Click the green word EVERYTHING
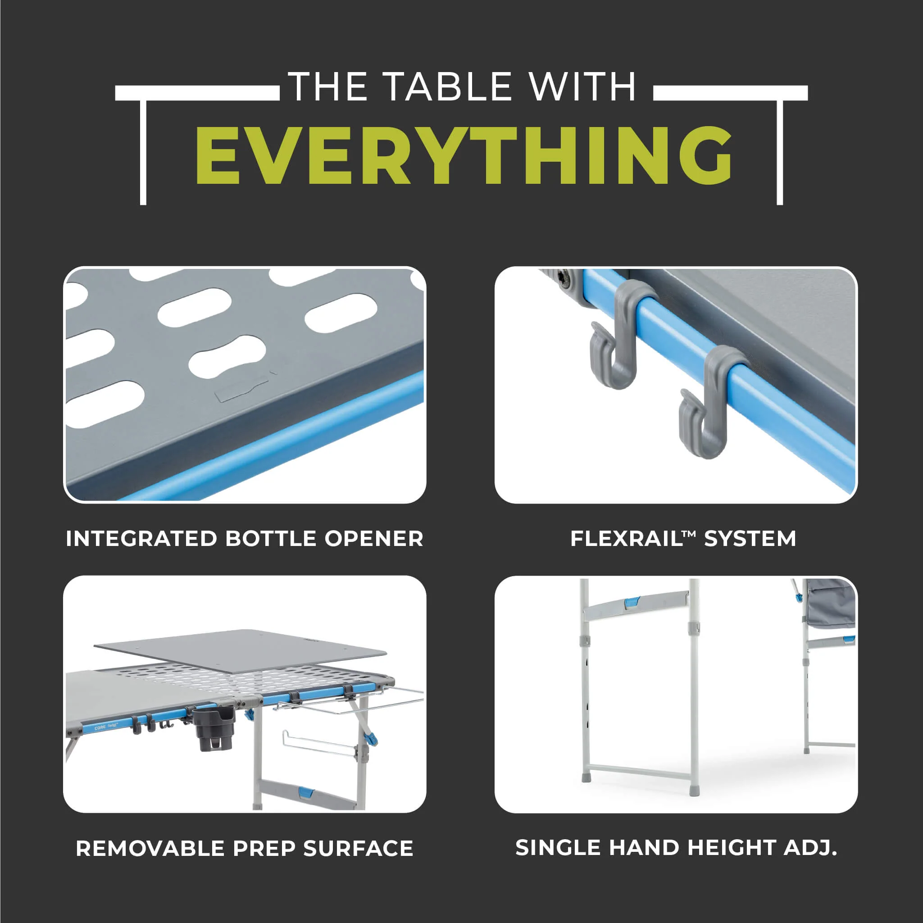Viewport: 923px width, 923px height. (464, 155)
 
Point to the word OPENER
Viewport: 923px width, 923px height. (373, 539)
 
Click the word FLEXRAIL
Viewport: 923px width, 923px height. (626, 539)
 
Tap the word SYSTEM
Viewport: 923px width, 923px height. (750, 539)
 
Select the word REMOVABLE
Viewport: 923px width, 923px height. (150, 849)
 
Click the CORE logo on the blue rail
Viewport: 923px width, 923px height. (100, 728)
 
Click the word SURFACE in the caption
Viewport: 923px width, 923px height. (358, 849)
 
